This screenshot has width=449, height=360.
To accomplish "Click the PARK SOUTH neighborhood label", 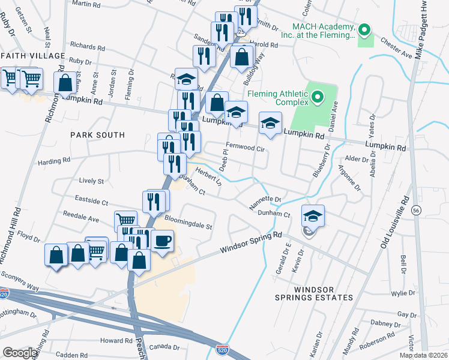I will [97, 135].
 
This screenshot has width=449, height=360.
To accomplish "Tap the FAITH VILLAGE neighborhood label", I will [32, 56].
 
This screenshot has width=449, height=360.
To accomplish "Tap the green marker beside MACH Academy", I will [364, 29].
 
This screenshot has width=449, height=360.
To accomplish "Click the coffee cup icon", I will [162, 242].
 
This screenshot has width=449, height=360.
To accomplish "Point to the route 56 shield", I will [416, 211].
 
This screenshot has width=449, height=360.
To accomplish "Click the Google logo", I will [20, 353].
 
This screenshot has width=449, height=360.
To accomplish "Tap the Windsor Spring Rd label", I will [250, 242].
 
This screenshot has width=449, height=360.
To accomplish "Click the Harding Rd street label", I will [54, 160].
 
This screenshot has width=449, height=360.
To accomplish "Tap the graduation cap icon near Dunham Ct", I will [313, 216].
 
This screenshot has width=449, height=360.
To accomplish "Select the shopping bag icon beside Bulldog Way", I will [241, 58].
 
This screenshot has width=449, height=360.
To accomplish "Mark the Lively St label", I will [92, 181].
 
